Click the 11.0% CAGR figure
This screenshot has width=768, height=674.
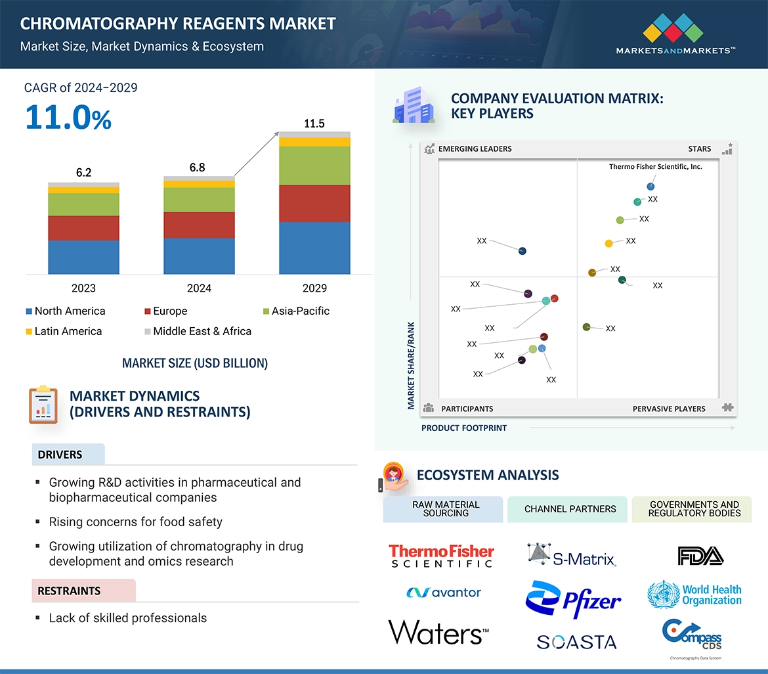pos(68,118)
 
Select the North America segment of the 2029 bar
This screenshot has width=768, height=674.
pos(314,248)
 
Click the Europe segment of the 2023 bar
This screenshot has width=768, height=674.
pos(83,228)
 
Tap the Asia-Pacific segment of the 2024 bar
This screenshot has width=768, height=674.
pos(199,200)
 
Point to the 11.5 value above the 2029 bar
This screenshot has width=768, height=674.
pos(314,124)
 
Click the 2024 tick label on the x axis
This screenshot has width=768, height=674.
pos(199,288)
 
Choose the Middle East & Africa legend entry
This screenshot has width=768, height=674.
pos(197,331)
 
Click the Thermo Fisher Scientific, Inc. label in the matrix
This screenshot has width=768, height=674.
pos(655,167)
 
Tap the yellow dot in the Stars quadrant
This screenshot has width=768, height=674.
pos(608,244)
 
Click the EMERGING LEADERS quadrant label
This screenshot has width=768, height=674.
pos(474,149)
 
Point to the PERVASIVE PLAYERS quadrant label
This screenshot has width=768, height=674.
pos(668,409)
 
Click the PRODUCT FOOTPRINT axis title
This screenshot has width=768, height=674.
pos(463,428)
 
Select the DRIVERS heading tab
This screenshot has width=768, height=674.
pos(60,455)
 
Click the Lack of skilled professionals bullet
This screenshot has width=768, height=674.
pos(127,618)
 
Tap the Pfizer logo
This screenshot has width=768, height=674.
pos(573,598)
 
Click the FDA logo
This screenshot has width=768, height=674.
pos(700,556)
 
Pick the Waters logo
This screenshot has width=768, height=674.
pos(438,633)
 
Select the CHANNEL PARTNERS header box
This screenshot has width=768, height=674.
pos(570,509)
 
